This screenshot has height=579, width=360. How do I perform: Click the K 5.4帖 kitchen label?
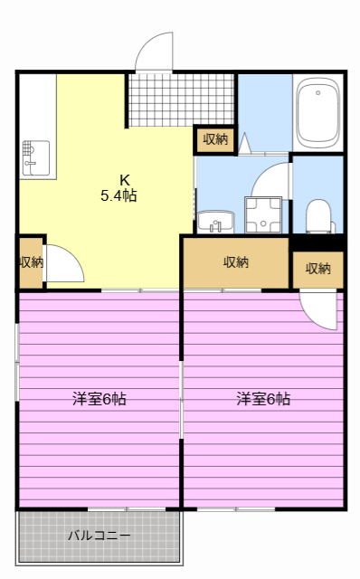118,186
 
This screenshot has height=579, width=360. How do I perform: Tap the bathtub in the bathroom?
317,113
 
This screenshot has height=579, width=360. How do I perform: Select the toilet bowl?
317,215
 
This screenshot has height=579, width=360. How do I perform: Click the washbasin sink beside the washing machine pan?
213,222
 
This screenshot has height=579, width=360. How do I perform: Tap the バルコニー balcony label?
99,536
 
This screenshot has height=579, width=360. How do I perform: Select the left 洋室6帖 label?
99,398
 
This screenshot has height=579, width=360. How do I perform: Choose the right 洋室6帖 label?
263,398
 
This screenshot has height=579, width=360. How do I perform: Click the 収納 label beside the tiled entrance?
215,139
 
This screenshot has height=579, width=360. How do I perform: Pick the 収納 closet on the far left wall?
30,262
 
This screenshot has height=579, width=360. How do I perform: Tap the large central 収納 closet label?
236,262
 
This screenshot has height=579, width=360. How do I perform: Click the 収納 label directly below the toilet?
317,269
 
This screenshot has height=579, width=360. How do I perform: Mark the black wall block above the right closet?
317,242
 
